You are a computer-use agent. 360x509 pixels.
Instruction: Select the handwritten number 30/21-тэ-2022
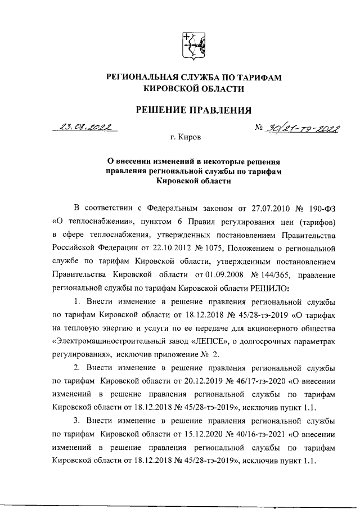click(297, 129)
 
